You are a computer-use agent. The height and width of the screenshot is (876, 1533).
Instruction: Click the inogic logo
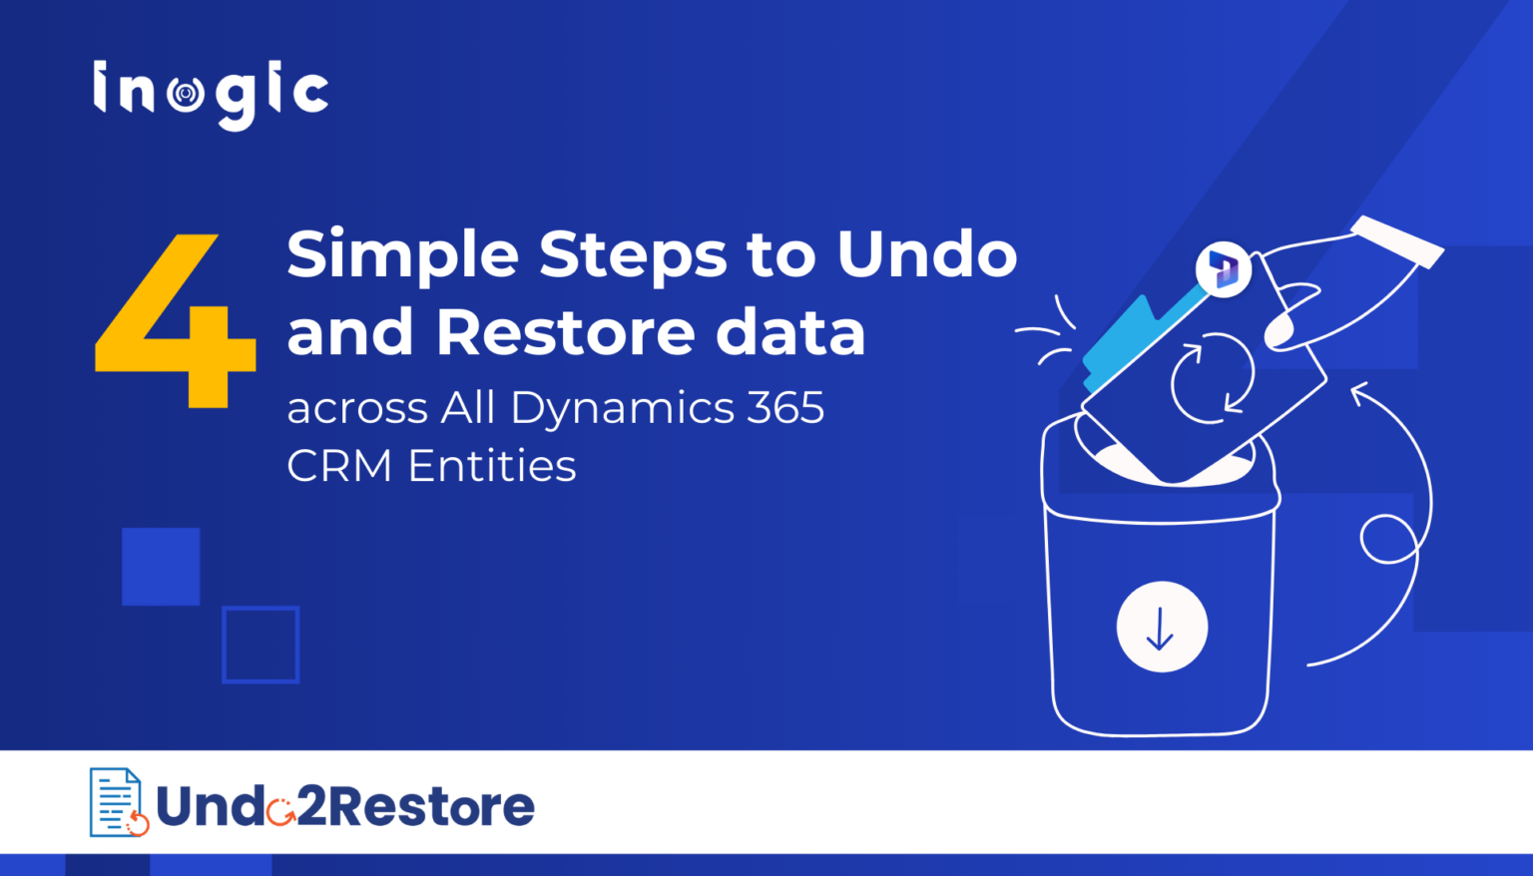click(x=211, y=95)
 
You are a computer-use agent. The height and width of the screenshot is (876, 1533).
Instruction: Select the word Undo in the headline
click(x=926, y=254)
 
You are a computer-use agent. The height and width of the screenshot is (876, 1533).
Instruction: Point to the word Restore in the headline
click(x=565, y=332)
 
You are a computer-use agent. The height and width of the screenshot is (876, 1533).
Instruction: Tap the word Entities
click(x=492, y=466)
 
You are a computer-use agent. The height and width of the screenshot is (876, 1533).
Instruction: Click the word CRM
click(x=339, y=466)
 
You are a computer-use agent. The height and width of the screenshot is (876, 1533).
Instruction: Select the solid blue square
click(x=161, y=566)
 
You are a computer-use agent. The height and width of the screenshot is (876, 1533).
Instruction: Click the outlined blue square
click(x=260, y=645)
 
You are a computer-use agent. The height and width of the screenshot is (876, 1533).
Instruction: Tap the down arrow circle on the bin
click(x=1162, y=627)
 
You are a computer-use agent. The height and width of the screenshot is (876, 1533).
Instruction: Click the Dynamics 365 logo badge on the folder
click(x=1224, y=268)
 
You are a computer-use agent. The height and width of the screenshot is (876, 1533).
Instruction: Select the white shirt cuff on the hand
click(x=1397, y=240)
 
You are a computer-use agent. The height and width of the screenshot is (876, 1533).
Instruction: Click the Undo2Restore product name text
click(x=345, y=807)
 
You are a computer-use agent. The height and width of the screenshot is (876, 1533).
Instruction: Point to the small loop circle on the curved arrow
click(x=1388, y=539)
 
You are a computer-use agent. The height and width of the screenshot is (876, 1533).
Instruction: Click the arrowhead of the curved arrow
click(x=1359, y=393)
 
